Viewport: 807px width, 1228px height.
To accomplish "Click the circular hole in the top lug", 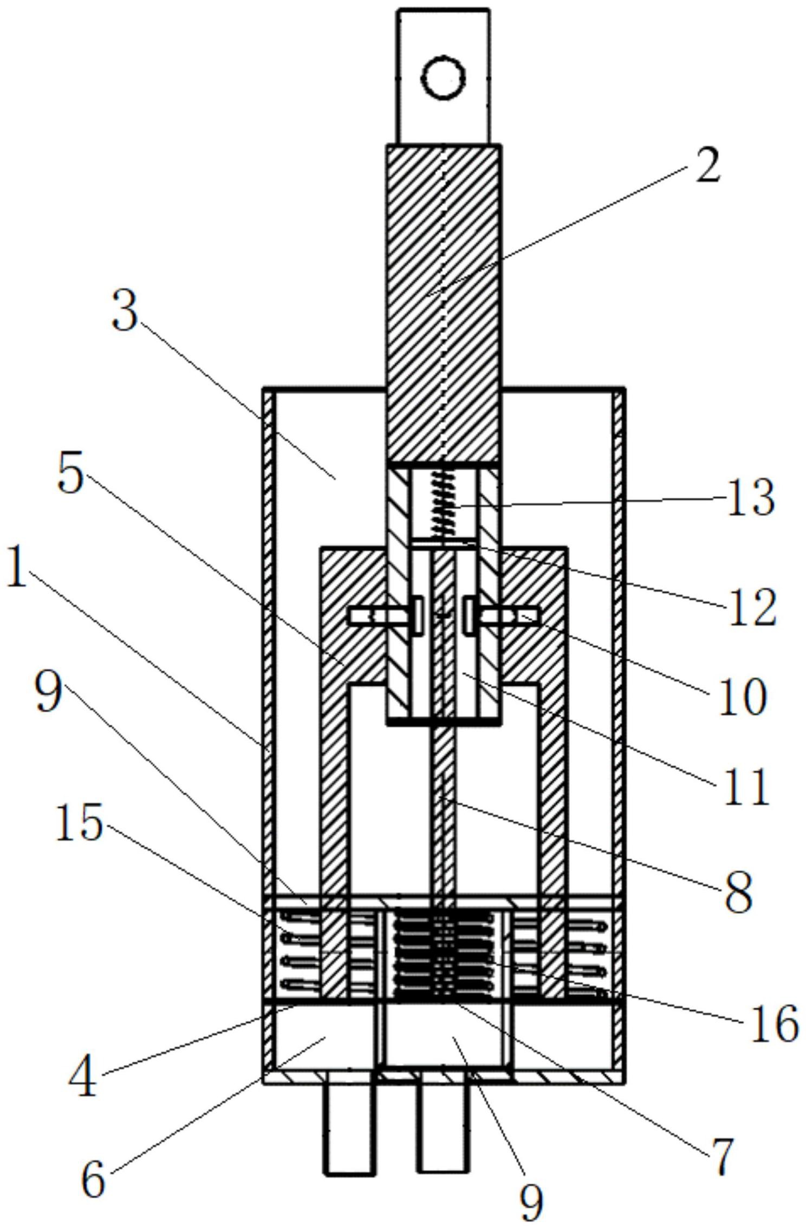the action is click(x=444, y=77).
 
